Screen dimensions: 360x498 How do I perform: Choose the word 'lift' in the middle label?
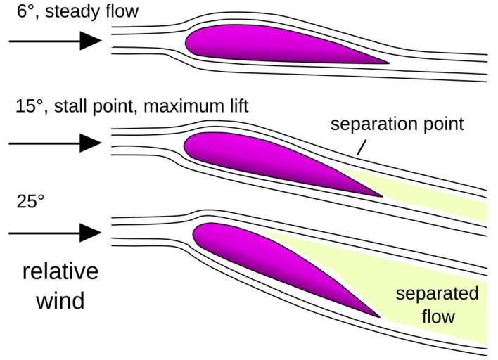[x=235, y=106]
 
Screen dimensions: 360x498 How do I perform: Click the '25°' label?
[x=30, y=200]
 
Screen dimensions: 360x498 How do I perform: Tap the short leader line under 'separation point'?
[x=361, y=147]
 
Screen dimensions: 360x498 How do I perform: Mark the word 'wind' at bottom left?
[x=59, y=300]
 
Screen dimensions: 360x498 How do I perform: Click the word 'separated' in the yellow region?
[x=436, y=294]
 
